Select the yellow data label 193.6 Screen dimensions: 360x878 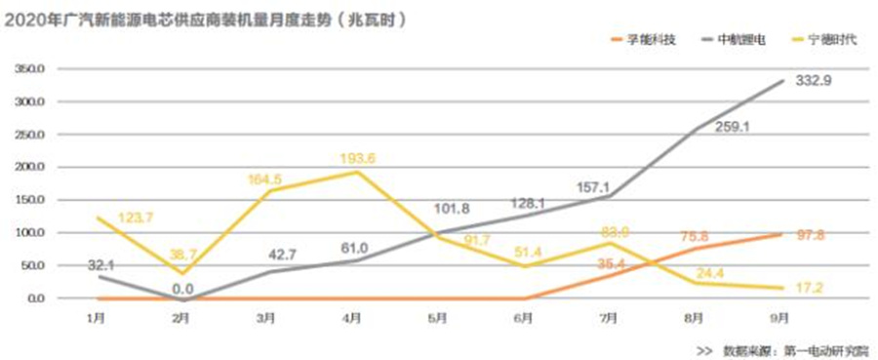[357, 158]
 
